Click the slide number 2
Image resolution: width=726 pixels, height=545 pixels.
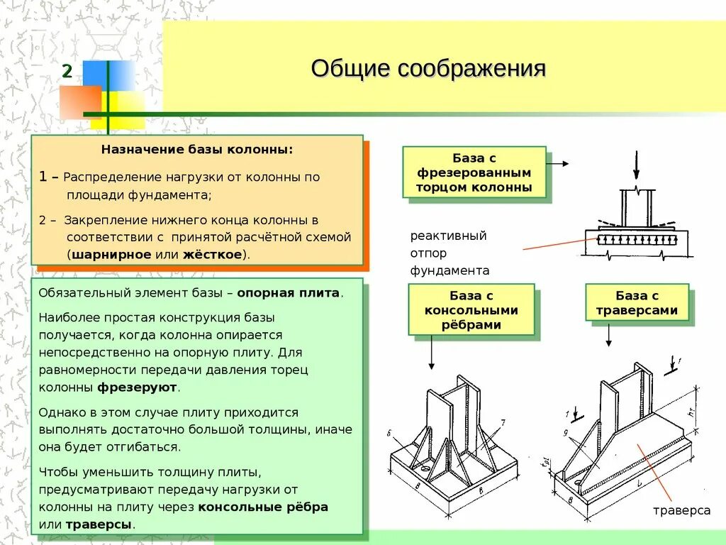67,71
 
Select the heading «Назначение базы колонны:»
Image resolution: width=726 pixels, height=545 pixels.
196,150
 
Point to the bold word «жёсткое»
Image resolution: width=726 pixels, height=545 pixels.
212,254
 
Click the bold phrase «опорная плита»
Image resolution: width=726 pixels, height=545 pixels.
289,292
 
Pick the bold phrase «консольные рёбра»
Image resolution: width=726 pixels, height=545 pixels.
263,507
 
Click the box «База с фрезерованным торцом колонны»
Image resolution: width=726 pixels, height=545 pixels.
474,172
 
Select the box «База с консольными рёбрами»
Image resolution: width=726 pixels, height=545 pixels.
471,309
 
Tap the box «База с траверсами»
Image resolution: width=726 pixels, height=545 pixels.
637,302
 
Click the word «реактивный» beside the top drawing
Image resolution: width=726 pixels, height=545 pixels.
448,236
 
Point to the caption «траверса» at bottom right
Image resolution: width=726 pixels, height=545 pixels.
681,510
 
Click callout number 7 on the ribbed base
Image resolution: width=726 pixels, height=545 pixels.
502,423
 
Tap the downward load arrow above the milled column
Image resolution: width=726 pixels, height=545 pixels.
636,165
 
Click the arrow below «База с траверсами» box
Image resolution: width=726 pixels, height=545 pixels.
608,334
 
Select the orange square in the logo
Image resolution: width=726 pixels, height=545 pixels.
80,101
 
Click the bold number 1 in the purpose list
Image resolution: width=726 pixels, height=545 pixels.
43,177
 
